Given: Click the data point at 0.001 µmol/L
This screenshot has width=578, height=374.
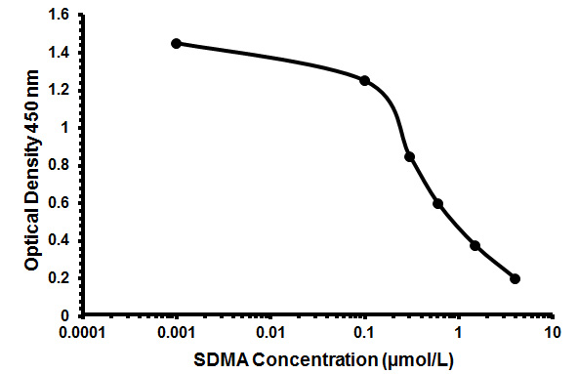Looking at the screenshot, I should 176,43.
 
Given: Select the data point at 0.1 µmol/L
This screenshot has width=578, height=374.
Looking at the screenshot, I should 365,80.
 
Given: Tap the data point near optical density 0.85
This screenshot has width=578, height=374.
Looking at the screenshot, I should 409,156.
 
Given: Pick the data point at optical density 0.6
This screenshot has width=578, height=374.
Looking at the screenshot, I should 438,203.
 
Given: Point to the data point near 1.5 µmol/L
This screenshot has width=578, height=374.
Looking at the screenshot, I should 475,245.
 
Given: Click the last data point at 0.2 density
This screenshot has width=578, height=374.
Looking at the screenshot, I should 515,278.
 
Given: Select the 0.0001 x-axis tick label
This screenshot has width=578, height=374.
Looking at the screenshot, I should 82,332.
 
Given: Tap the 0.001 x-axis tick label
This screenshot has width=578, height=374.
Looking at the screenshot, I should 176,332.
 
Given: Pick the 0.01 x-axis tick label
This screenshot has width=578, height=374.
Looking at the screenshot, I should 270,332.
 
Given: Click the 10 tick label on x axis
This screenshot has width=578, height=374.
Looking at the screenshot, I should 553,332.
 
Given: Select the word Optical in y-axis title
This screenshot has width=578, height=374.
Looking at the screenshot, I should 31,235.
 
